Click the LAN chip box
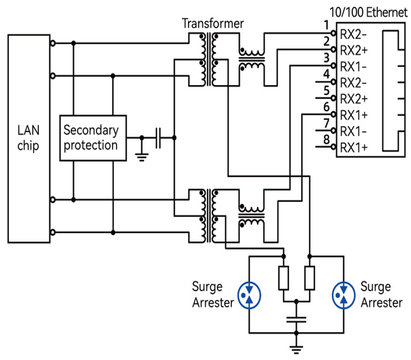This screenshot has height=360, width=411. (x=28, y=138)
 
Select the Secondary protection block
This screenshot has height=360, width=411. (x=93, y=138)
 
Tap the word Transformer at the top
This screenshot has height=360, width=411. (x=213, y=23)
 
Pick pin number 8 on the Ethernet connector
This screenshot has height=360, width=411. (x=326, y=140)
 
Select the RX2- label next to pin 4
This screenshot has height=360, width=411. (x=354, y=83)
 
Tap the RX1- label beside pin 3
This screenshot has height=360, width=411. (x=354, y=67)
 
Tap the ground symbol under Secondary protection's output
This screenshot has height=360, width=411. (x=141, y=156)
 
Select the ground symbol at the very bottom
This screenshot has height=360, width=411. (x=297, y=350)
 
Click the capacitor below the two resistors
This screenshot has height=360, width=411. (x=297, y=319)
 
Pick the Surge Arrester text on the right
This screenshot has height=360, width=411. (x=381, y=295)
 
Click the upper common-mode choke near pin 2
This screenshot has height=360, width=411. (x=252, y=59)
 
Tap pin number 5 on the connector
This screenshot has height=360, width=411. (x=326, y=91)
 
